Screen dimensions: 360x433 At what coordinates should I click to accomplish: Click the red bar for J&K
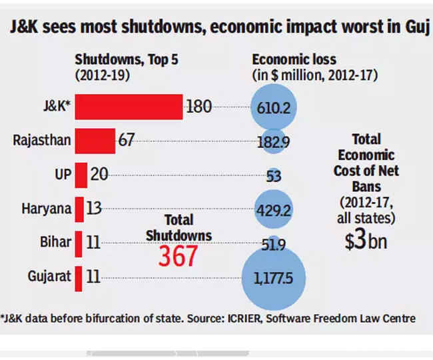pyautogui.click(x=129, y=107)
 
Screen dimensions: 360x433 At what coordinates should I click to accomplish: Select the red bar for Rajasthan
pyautogui.click(x=95, y=141)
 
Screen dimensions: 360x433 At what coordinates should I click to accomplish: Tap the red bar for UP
pyautogui.click(x=81, y=175)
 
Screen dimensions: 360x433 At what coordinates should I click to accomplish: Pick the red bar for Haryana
pyautogui.click(x=79, y=209)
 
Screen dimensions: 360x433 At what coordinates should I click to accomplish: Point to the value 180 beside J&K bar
pyautogui.click(x=199, y=107)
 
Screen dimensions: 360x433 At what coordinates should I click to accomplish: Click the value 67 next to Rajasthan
pyautogui.click(x=127, y=141)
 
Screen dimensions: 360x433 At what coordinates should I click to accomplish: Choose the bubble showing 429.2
pyautogui.click(x=274, y=209)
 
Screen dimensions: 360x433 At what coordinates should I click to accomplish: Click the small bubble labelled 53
pyautogui.click(x=274, y=176)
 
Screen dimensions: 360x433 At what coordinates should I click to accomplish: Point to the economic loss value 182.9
pyautogui.click(x=274, y=141)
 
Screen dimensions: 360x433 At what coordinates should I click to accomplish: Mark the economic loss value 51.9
pyautogui.click(x=274, y=244)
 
